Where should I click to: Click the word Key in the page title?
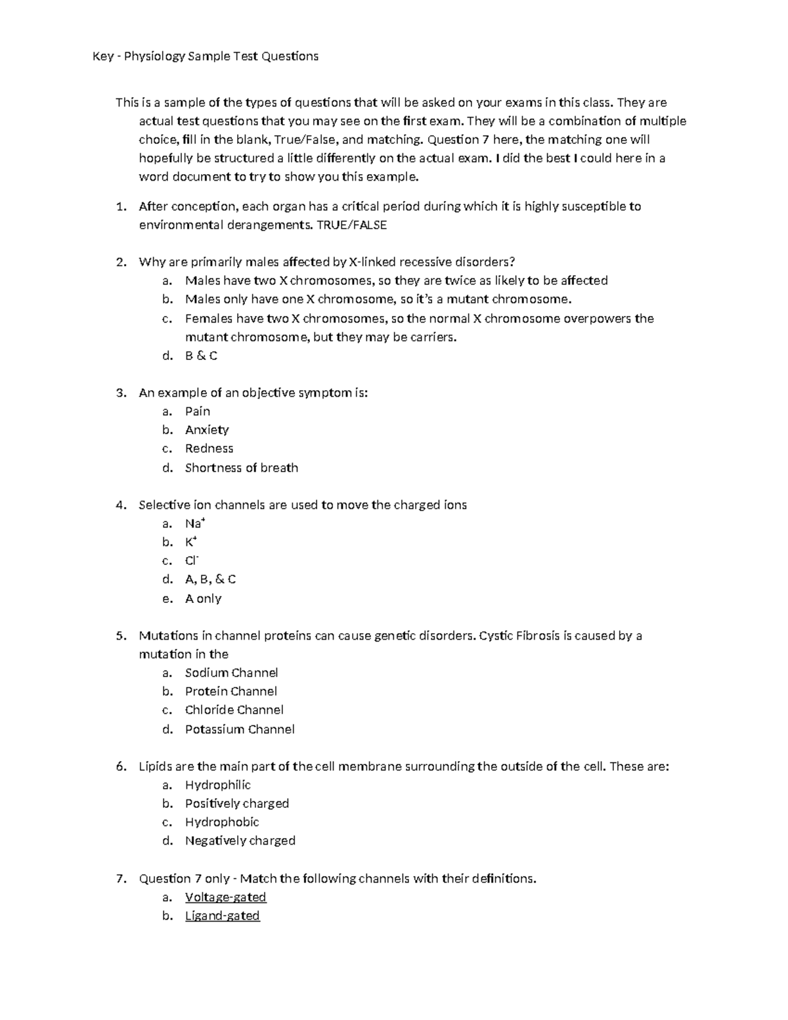103,56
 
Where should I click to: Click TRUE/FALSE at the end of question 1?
351,225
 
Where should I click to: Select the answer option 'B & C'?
201,356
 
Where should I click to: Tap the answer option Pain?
197,412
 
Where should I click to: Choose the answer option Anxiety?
207,430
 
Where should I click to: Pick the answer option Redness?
209,449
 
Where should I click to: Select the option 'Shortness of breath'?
241,468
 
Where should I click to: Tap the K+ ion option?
191,542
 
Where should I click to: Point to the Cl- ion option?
192,561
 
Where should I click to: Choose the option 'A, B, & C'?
210,579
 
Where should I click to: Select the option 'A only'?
203,598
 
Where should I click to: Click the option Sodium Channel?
231,673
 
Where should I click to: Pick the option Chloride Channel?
234,710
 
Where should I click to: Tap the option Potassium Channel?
240,729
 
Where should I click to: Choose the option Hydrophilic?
217,785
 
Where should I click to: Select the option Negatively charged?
240,841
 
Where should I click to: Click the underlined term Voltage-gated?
225,897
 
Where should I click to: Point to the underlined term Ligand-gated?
222,916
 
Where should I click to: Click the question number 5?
120,636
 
